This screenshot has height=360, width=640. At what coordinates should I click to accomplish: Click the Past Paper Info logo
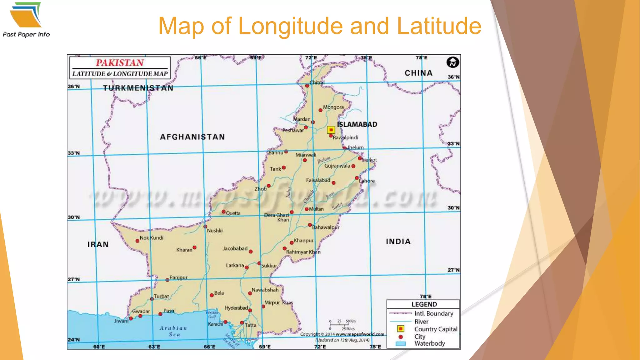26,19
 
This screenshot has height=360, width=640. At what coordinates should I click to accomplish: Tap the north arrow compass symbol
452,62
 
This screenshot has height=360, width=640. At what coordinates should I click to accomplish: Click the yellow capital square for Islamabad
331,130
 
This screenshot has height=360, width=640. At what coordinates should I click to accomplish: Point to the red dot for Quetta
223,212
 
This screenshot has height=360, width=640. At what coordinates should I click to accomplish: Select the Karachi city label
215,324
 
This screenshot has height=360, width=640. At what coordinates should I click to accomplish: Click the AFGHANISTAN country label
192,137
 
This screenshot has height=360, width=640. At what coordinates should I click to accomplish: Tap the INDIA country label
398,241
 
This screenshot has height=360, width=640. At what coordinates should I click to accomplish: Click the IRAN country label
98,244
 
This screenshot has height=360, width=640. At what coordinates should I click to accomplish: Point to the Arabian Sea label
174,331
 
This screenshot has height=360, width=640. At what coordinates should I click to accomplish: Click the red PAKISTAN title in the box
120,63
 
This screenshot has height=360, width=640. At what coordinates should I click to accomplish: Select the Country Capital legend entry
435,329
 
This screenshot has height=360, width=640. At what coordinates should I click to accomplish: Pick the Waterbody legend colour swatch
401,343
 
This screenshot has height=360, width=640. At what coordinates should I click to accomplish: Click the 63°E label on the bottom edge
154,347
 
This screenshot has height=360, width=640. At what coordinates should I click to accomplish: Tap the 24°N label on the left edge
74,339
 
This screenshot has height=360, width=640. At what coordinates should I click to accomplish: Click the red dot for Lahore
357,178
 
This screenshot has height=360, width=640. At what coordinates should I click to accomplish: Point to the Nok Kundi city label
151,237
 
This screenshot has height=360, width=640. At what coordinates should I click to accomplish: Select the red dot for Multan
307,209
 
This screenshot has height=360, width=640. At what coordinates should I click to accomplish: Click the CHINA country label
418,73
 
